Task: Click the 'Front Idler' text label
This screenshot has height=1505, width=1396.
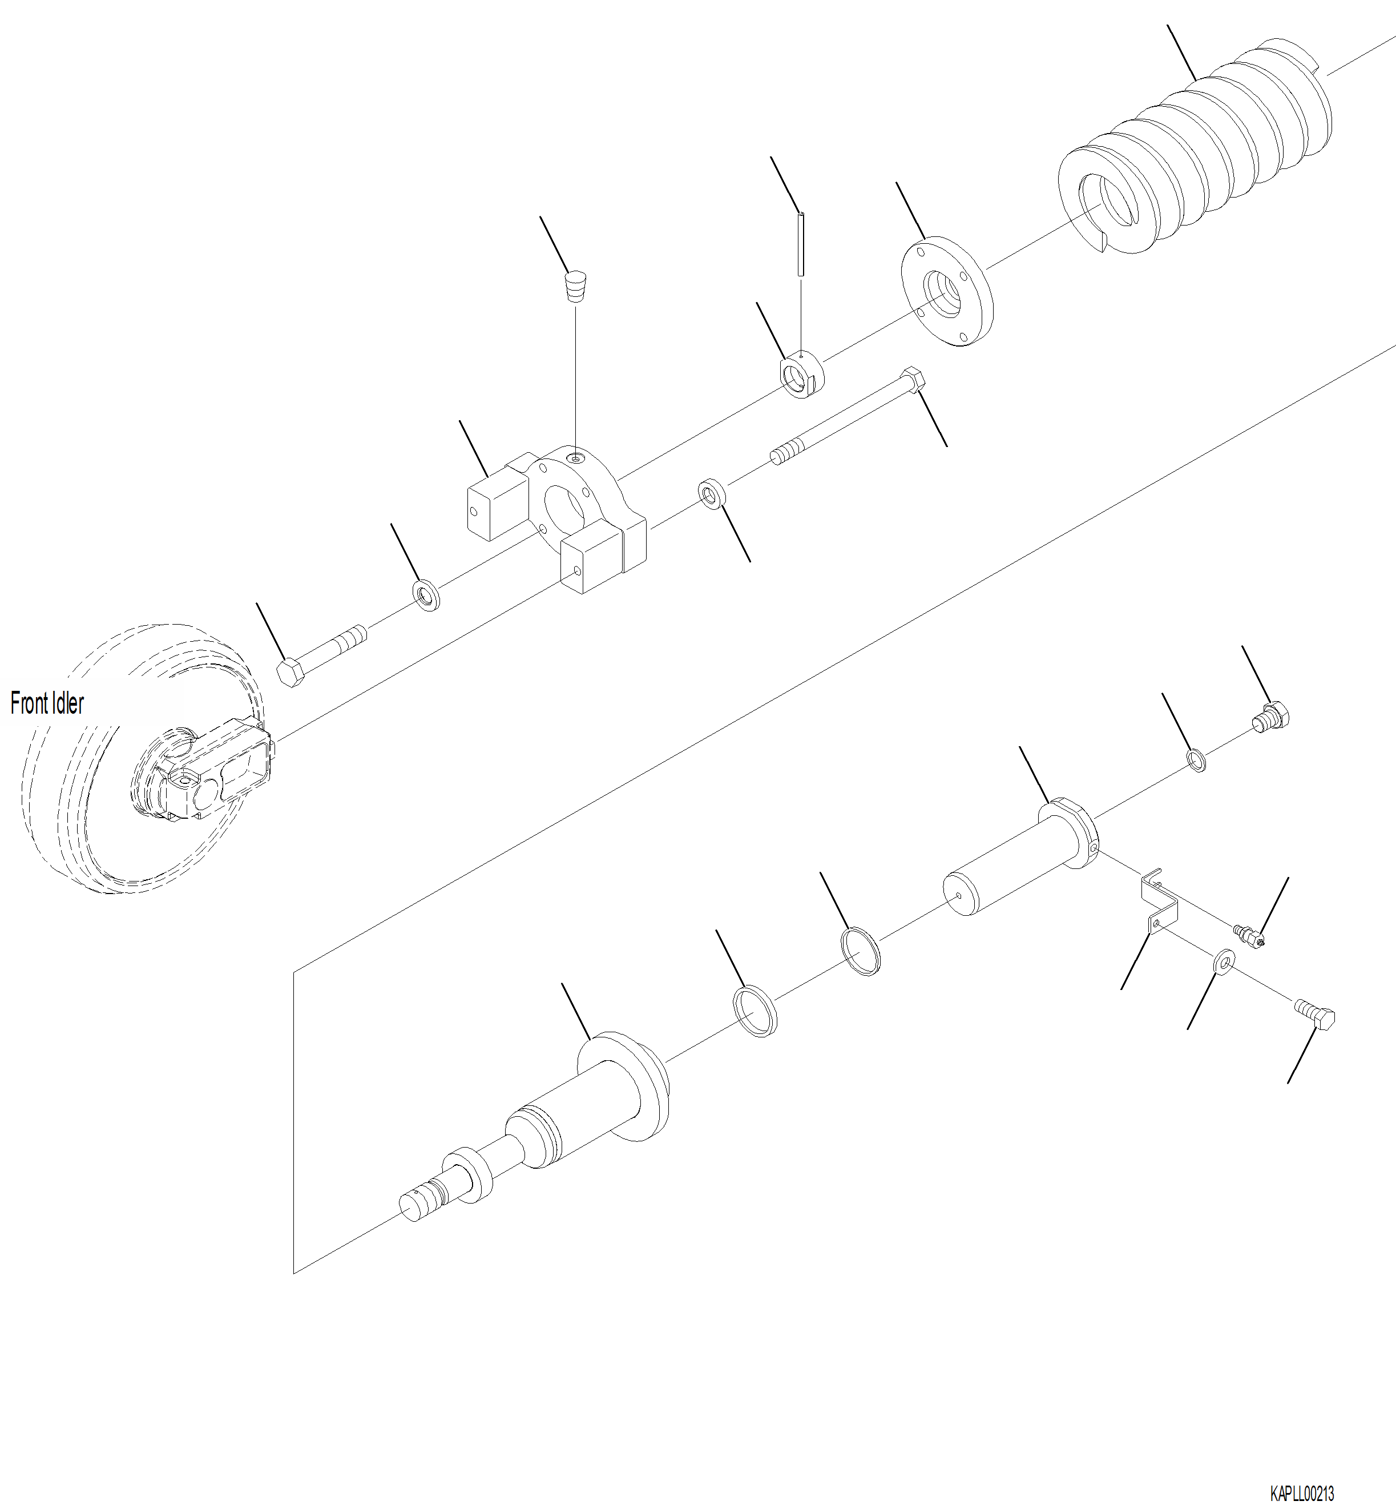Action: coord(47,703)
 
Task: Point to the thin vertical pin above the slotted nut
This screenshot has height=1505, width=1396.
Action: coord(801,243)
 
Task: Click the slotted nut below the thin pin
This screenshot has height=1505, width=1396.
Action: coord(801,375)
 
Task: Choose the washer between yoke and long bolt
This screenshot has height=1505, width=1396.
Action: coord(712,493)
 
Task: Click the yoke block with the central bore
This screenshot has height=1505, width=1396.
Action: coord(559,514)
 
